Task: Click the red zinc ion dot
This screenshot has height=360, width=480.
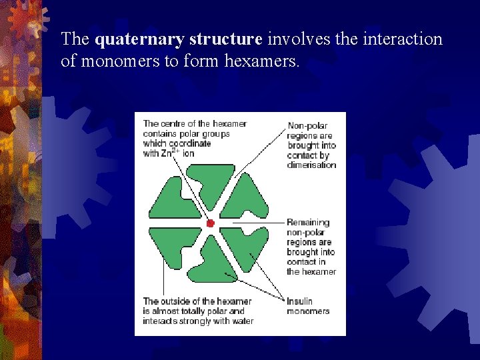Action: (210, 223)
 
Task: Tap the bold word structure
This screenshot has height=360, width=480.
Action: (225, 39)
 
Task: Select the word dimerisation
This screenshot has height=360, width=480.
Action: (312, 165)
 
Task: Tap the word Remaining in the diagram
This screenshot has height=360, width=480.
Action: (308, 222)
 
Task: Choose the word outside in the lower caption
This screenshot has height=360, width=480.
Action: (175, 301)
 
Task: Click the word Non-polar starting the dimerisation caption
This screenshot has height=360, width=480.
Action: (307, 125)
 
